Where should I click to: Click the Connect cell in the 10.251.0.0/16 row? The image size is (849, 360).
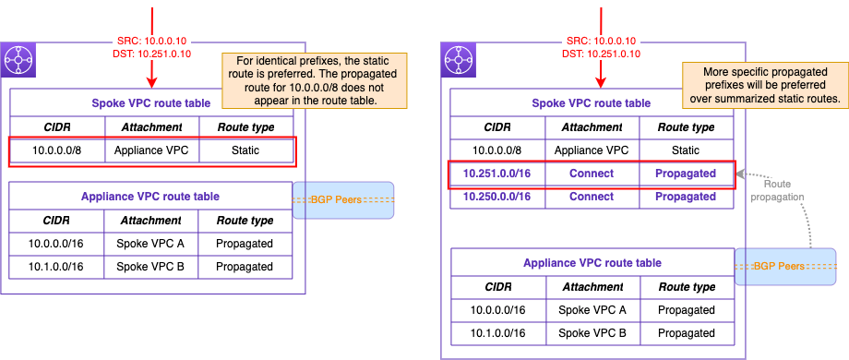click(x=592, y=173)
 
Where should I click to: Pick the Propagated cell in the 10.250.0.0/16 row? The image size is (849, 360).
click(x=685, y=196)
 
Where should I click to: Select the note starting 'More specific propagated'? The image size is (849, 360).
click(x=759, y=85)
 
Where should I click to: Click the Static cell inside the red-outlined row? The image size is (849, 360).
click(x=245, y=149)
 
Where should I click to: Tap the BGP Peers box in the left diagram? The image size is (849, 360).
click(x=343, y=200)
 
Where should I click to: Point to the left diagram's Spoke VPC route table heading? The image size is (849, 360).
click(x=151, y=103)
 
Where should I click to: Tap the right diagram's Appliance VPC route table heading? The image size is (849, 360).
click(x=592, y=262)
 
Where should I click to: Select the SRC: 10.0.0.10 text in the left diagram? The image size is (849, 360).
click(x=151, y=41)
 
